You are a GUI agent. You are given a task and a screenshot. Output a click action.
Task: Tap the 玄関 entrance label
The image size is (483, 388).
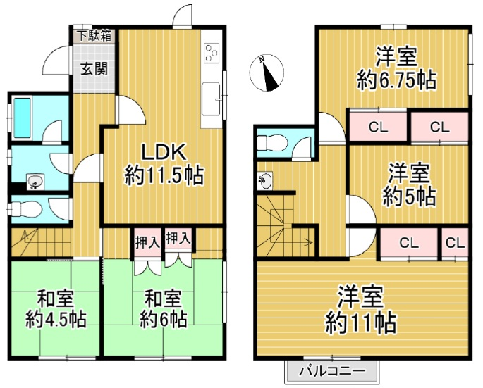(93, 69)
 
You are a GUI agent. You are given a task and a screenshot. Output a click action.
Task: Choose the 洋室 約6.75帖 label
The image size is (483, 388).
(396, 68)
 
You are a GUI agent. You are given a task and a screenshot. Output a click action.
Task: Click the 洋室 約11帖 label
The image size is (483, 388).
(360, 311)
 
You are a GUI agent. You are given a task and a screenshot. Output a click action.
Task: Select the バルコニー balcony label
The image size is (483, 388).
(331, 370)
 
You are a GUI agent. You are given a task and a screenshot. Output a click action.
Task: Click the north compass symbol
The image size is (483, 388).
(267, 73)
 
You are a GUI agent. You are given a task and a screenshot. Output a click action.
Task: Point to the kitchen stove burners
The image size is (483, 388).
(212, 51)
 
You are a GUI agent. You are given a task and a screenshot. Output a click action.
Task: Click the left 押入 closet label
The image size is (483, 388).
(147, 242)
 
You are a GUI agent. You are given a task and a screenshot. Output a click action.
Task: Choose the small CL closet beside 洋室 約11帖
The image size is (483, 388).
(455, 244)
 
